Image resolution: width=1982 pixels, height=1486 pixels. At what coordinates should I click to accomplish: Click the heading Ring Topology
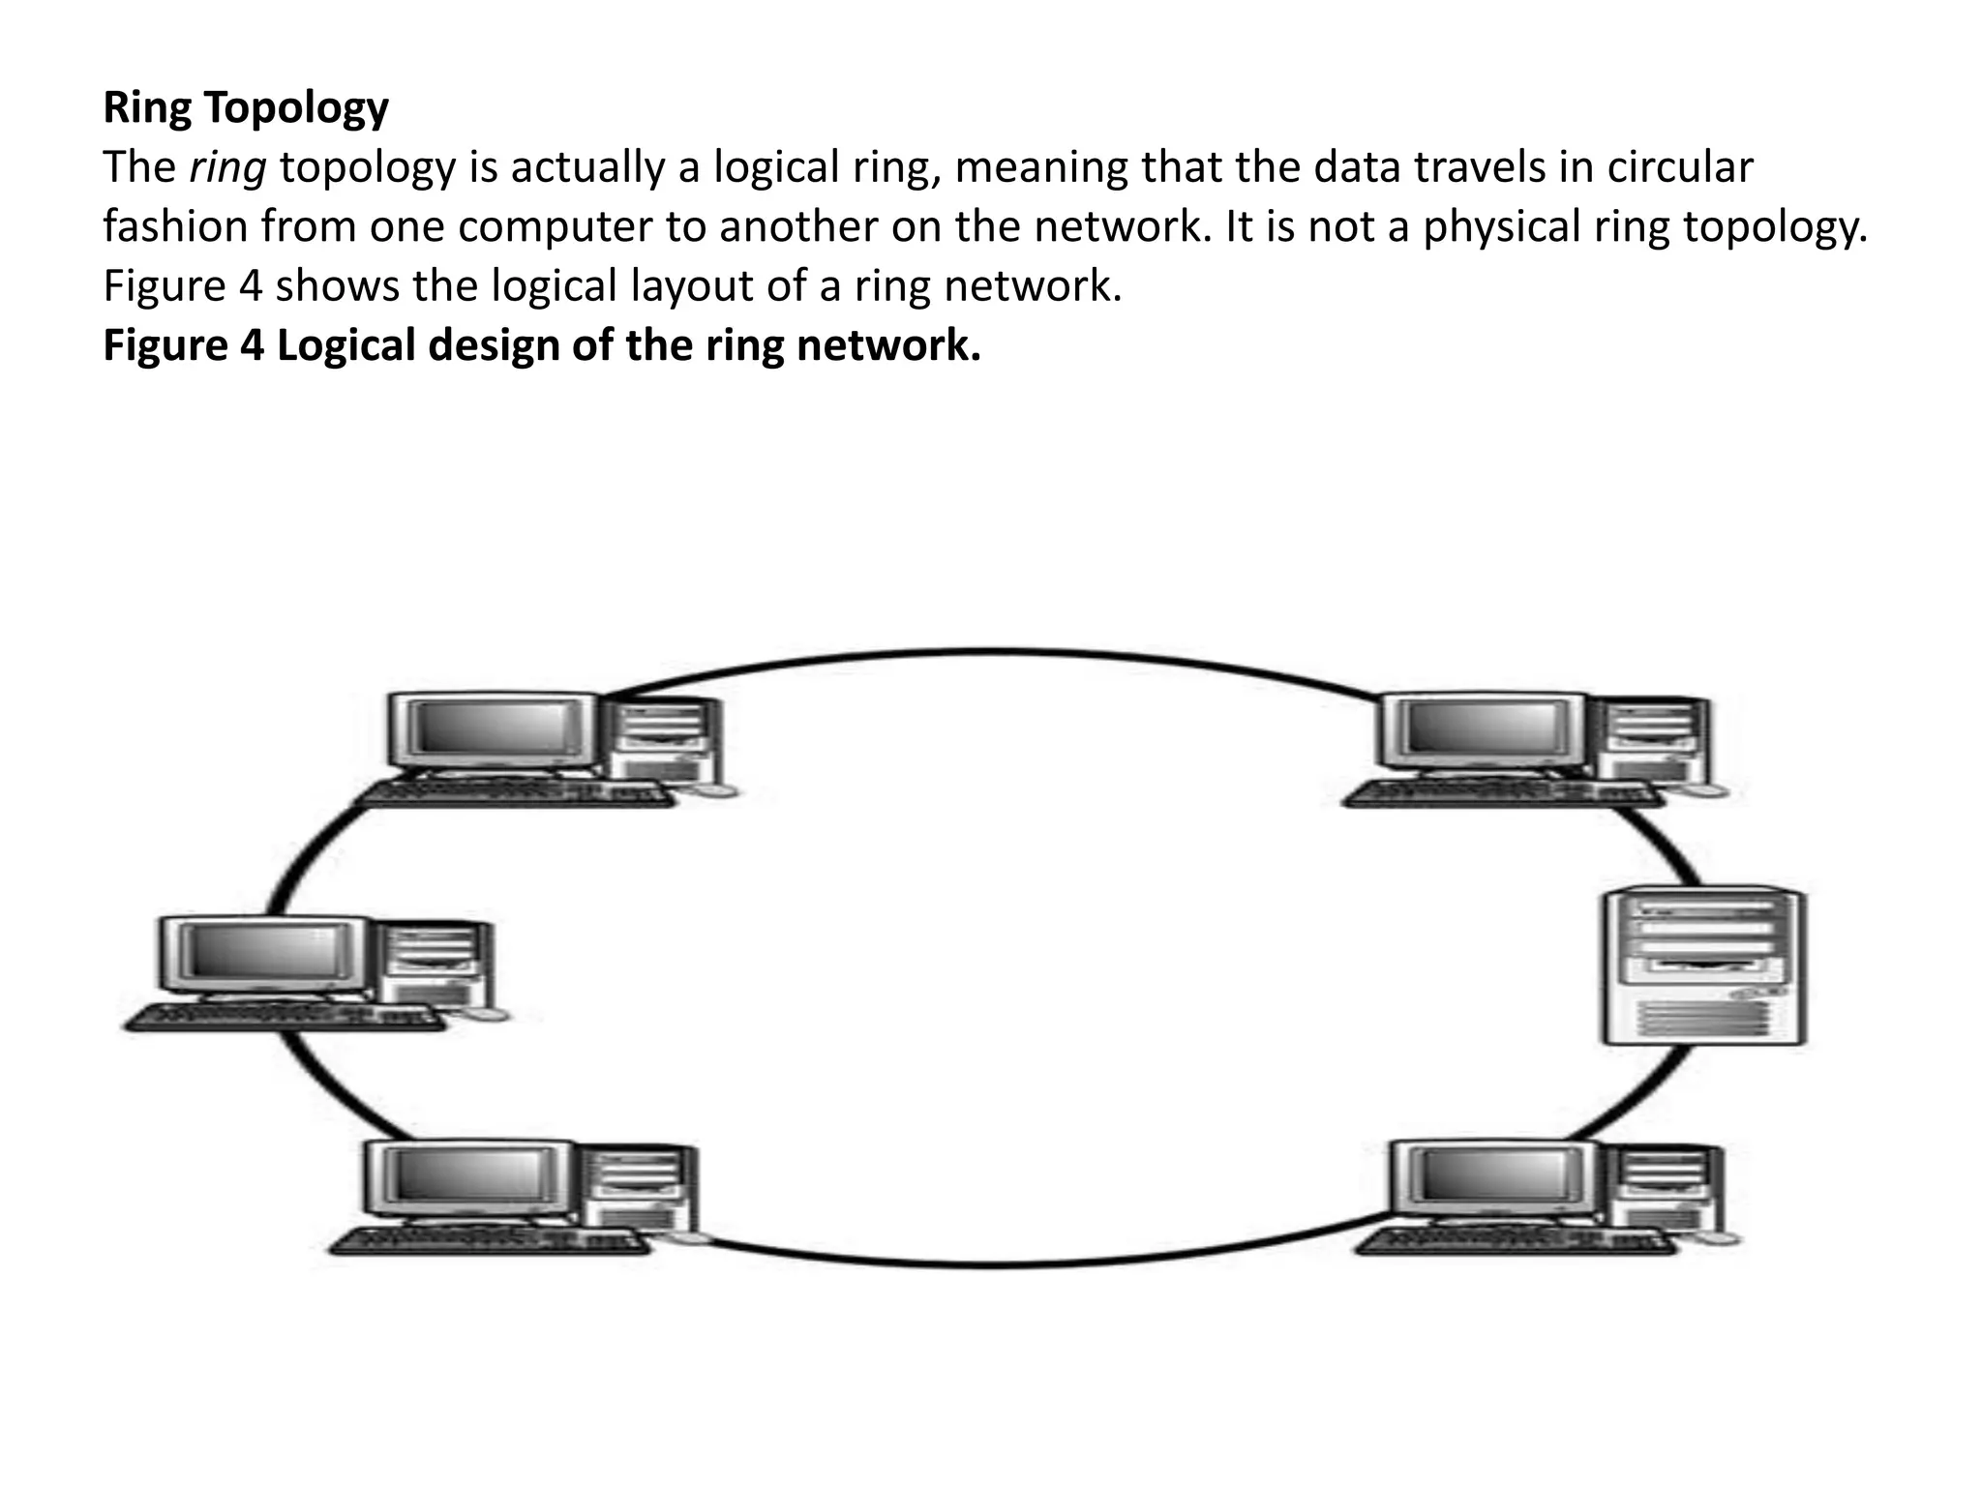[x=246, y=107]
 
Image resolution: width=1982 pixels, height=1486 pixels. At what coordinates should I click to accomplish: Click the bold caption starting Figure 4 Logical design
[x=542, y=345]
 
